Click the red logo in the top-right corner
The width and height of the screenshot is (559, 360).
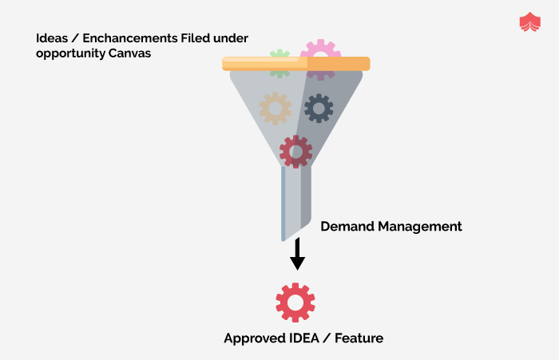coord(529,22)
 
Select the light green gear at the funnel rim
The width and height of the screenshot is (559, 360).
coord(279,62)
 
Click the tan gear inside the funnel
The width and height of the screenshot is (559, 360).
coord(276,108)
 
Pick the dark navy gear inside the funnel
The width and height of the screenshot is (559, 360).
coord(319,108)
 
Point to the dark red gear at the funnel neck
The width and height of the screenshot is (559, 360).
coord(295,151)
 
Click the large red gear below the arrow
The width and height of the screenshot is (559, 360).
coord(295,303)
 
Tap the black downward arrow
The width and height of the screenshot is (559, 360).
coord(297,255)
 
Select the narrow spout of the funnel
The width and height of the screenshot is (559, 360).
coord(291,204)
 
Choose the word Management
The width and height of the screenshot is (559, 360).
coord(421,226)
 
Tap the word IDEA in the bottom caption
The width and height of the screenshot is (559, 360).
coord(302,338)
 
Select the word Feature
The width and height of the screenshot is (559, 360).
coord(359,338)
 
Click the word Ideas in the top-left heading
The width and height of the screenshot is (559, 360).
coord(50,38)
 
